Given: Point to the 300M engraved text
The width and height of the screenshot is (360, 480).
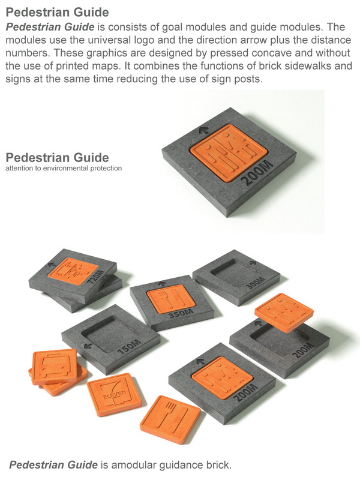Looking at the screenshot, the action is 254,283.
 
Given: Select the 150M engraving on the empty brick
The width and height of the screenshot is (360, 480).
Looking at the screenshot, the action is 130,348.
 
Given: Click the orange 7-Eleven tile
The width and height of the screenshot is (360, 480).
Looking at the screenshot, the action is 114,395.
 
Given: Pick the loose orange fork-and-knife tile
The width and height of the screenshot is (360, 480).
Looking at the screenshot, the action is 170,419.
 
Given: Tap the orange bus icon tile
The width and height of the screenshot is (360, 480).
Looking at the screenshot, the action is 55,367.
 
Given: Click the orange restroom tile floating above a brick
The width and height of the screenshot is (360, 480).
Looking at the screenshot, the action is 284,312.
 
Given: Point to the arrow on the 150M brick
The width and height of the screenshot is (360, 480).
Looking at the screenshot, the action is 88,346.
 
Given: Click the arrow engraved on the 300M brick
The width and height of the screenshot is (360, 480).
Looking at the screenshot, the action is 253,263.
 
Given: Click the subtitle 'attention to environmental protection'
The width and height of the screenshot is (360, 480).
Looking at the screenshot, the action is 64,168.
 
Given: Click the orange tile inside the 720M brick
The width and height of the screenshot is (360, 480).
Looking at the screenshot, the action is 73,271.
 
